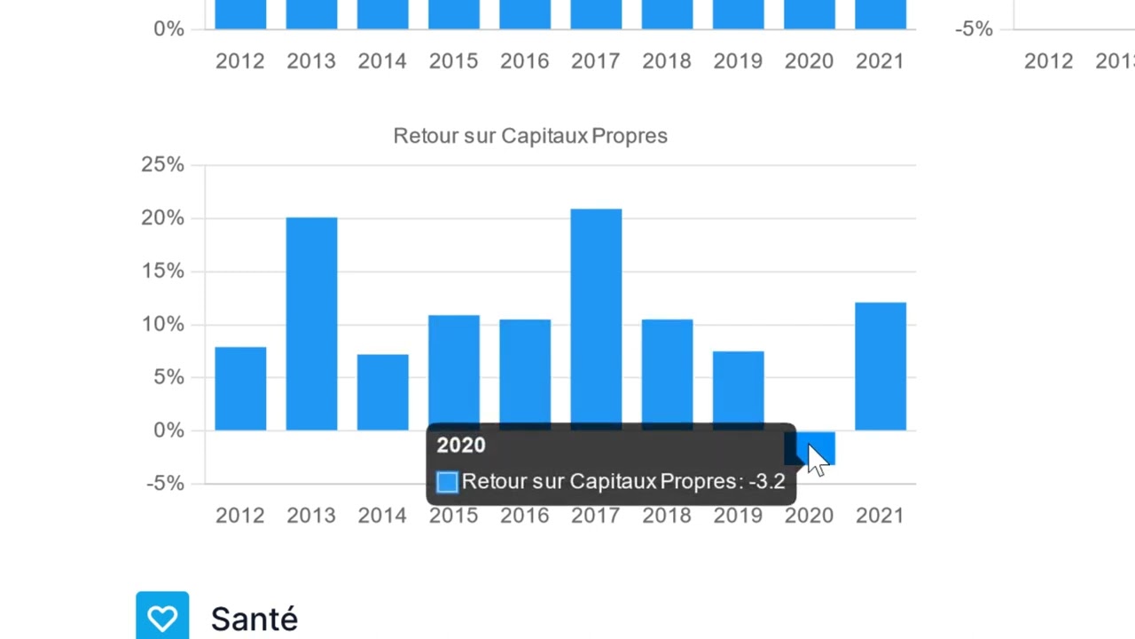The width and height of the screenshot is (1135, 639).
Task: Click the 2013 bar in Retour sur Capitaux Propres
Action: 311,324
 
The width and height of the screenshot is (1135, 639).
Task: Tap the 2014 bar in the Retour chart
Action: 382,392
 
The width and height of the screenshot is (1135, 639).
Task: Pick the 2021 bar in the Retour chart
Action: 880,367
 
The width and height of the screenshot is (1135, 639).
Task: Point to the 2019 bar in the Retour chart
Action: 738,389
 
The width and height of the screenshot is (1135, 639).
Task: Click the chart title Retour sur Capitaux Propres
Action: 530,136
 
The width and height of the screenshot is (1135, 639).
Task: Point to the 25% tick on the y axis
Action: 162,164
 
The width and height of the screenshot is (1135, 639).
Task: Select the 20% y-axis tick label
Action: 162,217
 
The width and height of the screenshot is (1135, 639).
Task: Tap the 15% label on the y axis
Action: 162,271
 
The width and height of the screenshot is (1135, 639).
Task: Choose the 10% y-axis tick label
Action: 162,324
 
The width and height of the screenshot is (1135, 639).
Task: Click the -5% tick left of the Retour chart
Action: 165,484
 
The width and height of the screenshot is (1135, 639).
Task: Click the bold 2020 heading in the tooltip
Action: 461,446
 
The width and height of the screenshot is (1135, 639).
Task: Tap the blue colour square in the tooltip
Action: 447,482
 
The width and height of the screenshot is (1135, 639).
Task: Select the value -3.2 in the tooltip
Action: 767,482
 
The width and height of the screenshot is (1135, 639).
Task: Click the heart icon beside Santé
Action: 162,617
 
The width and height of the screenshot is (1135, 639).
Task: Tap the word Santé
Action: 254,619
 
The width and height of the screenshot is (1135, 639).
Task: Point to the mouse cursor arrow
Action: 816,458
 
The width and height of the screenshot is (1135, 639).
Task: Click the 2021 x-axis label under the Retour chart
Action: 880,516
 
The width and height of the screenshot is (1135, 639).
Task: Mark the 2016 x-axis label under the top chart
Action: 525,61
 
